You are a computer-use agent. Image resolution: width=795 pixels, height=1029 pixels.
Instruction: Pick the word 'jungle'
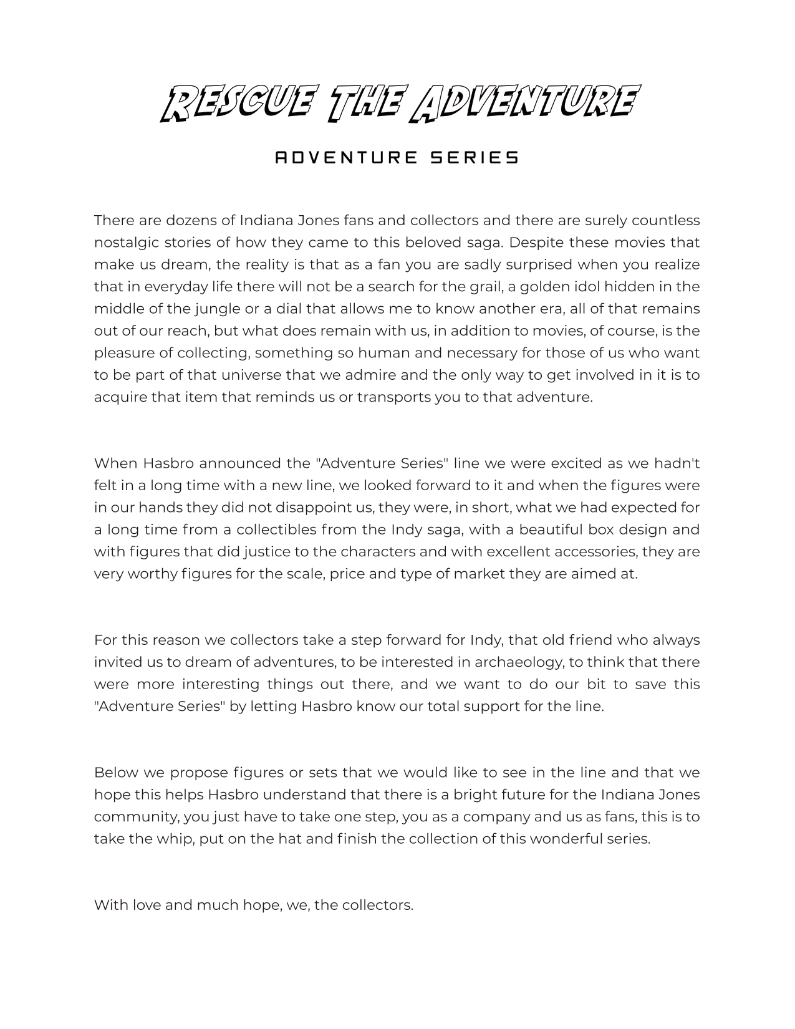pyautogui.click(x=215, y=309)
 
